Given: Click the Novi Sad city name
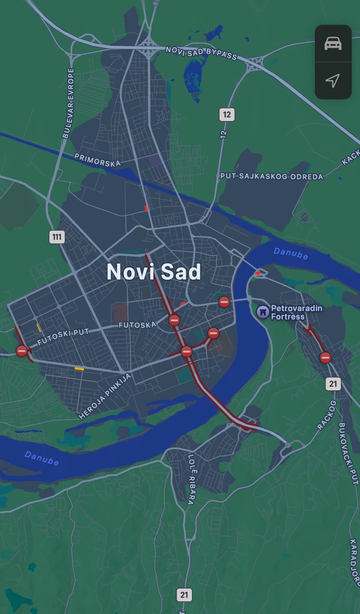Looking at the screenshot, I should tap(154, 272).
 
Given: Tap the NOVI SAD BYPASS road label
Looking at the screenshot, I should tap(201, 53).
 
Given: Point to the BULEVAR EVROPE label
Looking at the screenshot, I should tap(68, 103).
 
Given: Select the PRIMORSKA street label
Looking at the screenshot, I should tap(97, 160).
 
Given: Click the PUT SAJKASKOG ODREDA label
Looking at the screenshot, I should tap(272, 176).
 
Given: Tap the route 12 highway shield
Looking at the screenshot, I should tap(227, 114).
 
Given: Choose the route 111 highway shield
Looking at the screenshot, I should tap(57, 237).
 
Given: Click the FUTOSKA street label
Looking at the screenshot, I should tap(137, 325).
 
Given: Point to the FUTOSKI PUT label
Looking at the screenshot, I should tap(63, 336).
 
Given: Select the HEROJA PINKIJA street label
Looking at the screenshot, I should tap(105, 396).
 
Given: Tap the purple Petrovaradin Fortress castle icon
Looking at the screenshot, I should tap(263, 312).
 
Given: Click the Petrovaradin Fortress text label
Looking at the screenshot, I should tap(296, 312).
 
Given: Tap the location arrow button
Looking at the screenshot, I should tap(332, 80).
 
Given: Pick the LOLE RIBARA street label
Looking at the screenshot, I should tap(191, 479).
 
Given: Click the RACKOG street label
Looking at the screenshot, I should tap(327, 415).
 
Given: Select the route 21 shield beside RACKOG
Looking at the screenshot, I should tap(333, 384).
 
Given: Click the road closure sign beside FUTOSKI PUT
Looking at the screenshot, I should tap(22, 351).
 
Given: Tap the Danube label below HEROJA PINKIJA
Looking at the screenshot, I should tap(42, 458).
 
